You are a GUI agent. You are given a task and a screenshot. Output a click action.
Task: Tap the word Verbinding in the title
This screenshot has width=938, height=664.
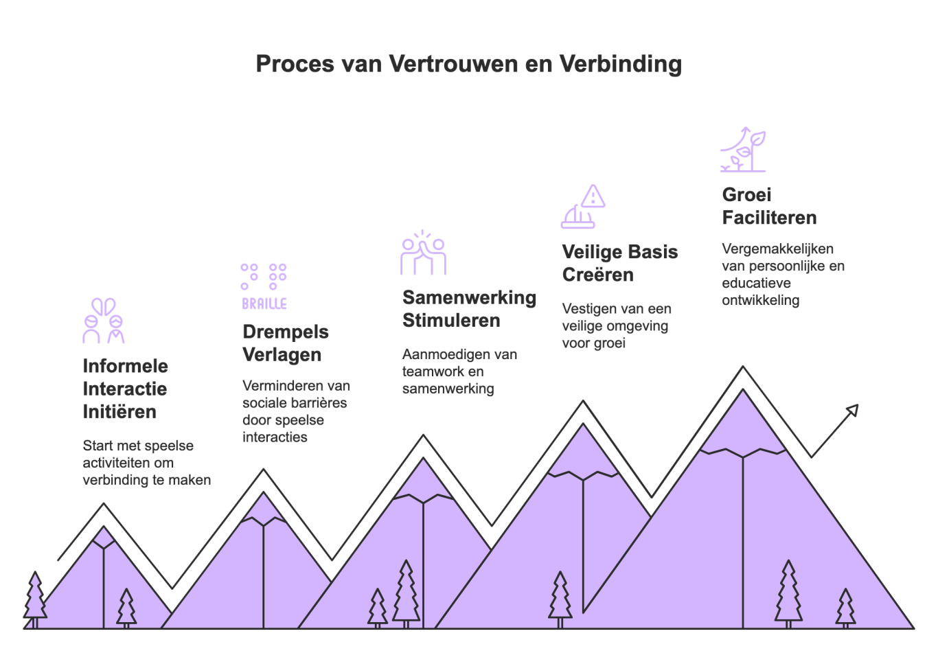coord(621,64)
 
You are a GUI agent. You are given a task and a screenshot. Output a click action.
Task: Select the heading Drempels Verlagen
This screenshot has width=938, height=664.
coord(286,343)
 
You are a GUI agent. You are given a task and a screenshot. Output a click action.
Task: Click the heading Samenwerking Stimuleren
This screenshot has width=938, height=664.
coord(469,309)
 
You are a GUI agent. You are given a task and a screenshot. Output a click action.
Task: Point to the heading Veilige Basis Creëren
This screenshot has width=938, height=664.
coord(620,264)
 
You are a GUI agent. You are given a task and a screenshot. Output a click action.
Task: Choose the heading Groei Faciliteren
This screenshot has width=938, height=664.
coord(769,206)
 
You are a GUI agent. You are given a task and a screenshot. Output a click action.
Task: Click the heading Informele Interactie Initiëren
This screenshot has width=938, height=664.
coord(125,389)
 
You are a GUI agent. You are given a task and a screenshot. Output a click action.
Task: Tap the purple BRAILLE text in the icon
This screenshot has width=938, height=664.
coord(264,304)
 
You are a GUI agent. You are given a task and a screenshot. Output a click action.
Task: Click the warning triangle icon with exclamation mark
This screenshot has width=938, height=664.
coord(593,196)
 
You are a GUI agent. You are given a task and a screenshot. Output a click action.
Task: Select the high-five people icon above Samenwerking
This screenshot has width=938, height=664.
coord(423,252)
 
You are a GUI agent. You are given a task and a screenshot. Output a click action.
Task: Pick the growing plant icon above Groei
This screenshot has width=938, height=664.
coord(743,150)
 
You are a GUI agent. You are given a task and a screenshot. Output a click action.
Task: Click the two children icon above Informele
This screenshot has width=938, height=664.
coord(104,321)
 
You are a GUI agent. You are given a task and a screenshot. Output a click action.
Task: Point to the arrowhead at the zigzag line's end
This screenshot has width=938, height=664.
coord(853,411)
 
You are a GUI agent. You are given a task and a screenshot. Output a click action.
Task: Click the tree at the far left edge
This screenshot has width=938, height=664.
coord(35,599)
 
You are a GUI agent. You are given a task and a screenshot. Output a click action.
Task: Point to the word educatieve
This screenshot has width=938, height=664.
coord(756,283)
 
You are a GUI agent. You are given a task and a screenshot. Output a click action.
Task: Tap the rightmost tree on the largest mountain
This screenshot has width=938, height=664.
coord(845,609)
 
